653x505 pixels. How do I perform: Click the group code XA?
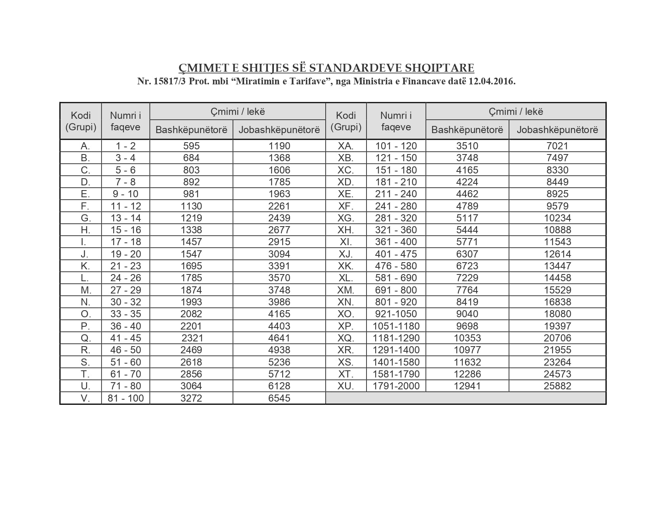[x=346, y=146]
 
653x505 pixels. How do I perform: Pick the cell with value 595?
[x=191, y=146]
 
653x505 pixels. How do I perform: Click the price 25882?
[x=557, y=386]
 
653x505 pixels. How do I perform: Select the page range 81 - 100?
[x=125, y=398]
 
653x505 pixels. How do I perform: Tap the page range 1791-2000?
[x=396, y=386]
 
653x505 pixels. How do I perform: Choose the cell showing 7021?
[x=557, y=146]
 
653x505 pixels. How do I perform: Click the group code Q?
[x=85, y=338]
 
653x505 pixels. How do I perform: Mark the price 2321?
[x=192, y=338]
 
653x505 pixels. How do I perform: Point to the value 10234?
[x=557, y=218]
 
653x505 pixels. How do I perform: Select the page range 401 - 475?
[x=396, y=254]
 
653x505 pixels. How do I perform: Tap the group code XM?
[x=346, y=290]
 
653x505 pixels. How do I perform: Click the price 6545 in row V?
[x=279, y=398]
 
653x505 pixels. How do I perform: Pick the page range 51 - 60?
[x=125, y=362]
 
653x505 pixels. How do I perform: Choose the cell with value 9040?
[x=467, y=314]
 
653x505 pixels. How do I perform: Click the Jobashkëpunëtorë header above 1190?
[x=279, y=130]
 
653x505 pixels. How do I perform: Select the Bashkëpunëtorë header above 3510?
[x=467, y=130]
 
